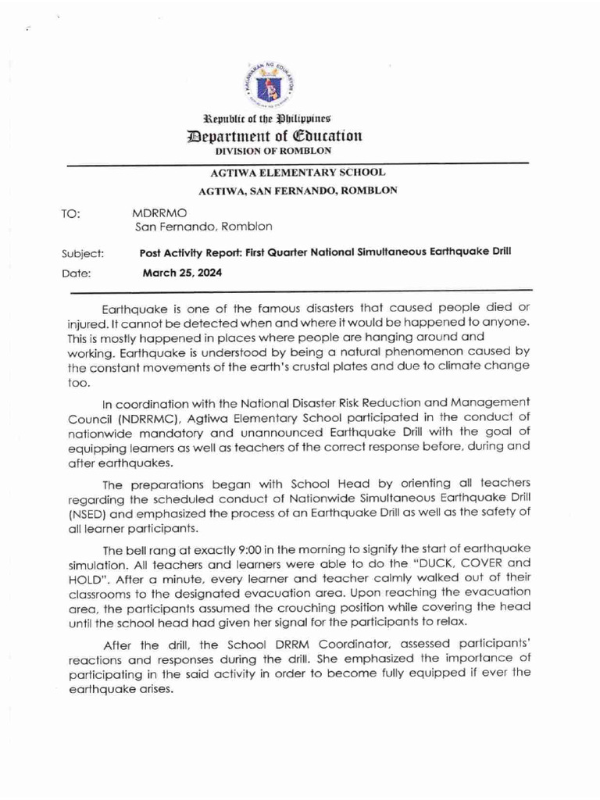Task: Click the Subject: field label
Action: click(83, 253)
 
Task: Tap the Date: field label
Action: click(76, 273)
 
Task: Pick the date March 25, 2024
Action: click(182, 273)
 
